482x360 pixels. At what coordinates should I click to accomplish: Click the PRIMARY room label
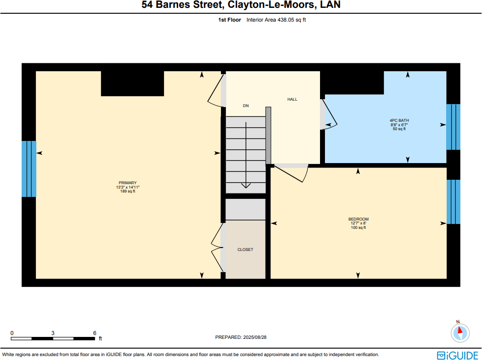[127, 183]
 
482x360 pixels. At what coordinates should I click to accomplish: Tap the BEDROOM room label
[358, 219]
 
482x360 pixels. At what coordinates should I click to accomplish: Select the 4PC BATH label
[399, 120]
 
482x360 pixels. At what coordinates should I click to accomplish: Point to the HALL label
[292, 99]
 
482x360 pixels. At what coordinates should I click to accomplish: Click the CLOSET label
[245, 249]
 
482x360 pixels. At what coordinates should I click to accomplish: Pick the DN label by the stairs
[246, 106]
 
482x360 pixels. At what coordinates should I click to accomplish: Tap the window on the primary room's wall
[29, 169]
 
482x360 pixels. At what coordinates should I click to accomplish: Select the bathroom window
[453, 127]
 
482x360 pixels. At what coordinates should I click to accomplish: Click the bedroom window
[453, 202]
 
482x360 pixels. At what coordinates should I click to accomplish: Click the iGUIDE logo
[457, 355]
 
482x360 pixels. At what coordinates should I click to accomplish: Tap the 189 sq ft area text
[127, 192]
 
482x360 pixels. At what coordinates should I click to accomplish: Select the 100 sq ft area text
[358, 228]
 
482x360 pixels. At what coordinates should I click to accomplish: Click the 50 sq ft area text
[399, 129]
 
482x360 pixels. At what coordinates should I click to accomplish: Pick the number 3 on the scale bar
[53, 333]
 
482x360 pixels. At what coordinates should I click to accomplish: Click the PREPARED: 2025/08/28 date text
[241, 337]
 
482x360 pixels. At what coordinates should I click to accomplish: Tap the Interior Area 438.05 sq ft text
[276, 20]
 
